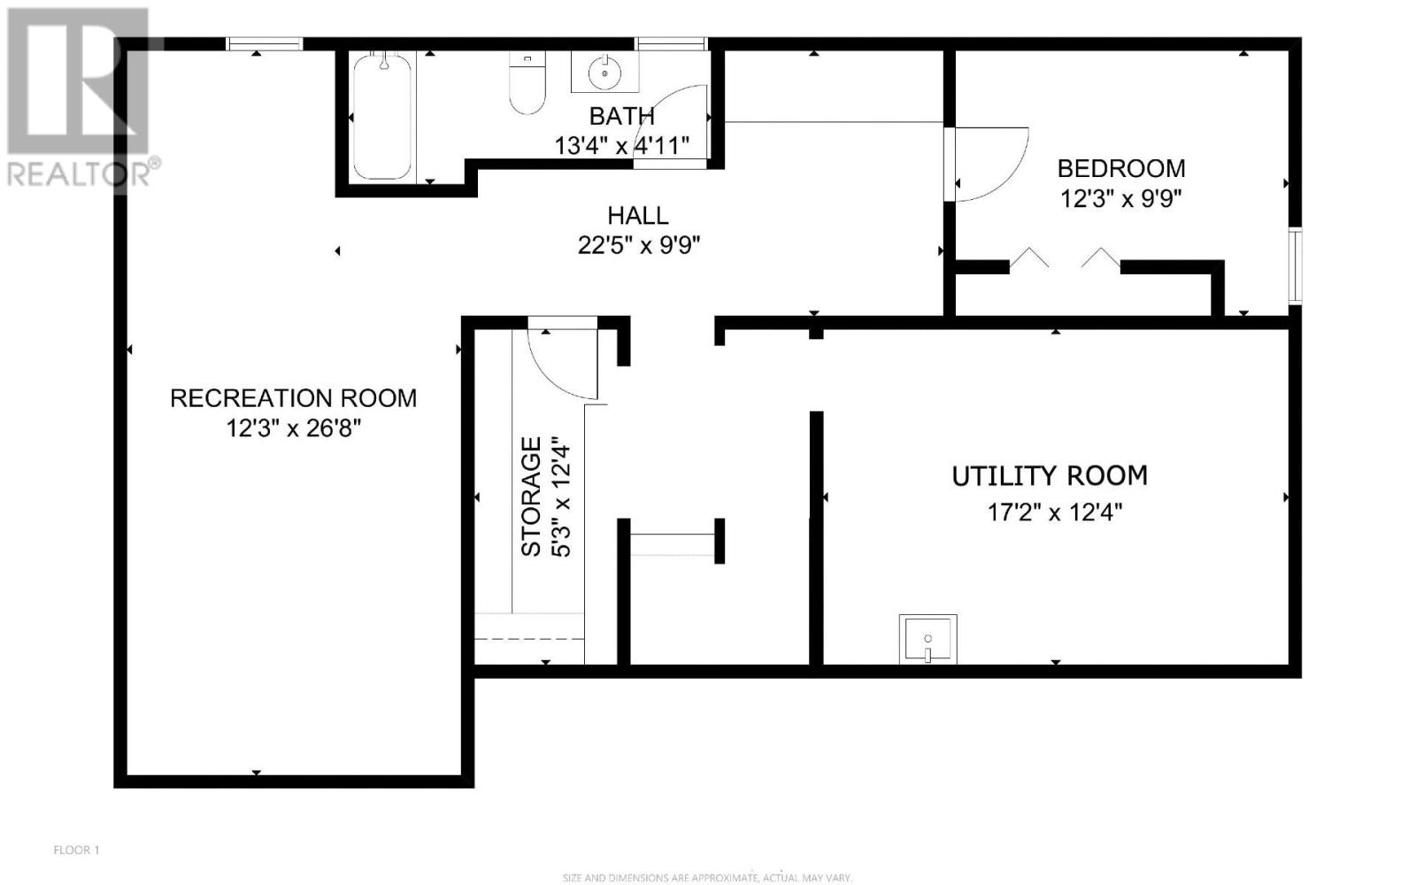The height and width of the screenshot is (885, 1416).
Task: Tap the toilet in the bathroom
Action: [x=527, y=83]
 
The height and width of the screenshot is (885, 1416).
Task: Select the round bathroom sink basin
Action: [x=605, y=73]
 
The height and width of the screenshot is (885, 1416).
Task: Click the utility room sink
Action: [x=928, y=638]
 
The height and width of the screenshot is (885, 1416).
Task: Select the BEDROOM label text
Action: [x=1121, y=169]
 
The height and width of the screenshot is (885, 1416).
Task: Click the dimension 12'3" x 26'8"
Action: [x=293, y=428]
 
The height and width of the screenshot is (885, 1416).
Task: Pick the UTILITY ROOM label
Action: [x=1050, y=476]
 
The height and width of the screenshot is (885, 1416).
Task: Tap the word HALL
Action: [x=638, y=216]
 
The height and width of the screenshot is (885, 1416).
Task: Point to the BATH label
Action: [x=622, y=116]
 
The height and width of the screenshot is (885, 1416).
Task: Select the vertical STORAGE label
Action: [x=531, y=496]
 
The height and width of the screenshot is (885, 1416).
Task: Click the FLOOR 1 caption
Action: [x=76, y=850]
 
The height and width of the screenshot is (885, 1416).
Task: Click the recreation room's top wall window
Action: [x=265, y=43]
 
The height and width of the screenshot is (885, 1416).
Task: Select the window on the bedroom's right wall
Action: [x=1296, y=265]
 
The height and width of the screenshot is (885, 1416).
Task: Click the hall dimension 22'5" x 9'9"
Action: [x=639, y=244]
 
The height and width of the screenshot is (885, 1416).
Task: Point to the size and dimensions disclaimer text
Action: [x=707, y=878]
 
